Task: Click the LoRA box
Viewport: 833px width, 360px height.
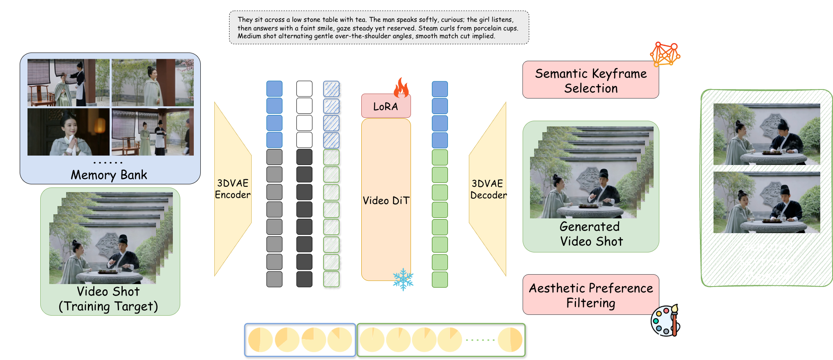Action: coord(386,106)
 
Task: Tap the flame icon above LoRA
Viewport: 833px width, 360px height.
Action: coord(401,87)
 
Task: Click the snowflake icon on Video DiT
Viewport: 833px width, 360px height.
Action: coord(403,280)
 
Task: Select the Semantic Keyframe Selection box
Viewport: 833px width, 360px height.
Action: coord(590,80)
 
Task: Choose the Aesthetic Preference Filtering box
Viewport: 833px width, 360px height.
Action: coord(590,295)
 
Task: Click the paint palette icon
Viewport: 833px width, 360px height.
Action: coord(665,321)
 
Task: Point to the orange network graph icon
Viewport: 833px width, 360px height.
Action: coord(665,54)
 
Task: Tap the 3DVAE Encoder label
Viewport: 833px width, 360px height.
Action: coord(232,189)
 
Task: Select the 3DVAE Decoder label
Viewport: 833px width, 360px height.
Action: coord(487,189)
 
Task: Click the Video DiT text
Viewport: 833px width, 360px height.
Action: coord(386,201)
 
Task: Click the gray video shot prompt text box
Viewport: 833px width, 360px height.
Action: coord(379,28)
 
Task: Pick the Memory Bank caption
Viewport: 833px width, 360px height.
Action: coord(109,175)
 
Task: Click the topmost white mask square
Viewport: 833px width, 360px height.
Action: coord(304,89)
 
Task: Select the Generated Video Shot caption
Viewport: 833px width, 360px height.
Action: coord(591,234)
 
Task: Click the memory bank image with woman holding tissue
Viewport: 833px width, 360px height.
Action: coord(68,132)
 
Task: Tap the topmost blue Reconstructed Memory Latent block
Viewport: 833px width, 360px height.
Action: coord(440,89)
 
